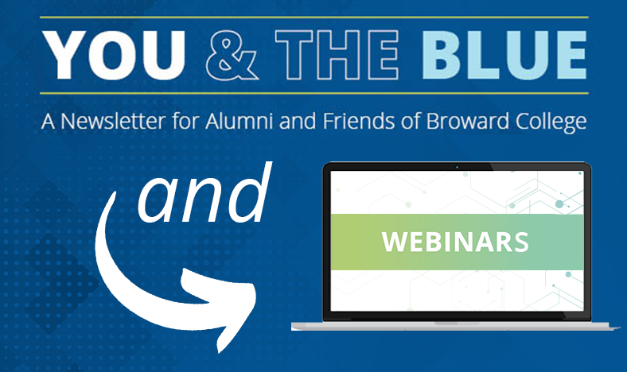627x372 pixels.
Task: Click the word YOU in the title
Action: pos(114,55)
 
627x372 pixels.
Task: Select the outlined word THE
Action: pos(337,55)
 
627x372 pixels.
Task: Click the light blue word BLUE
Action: pos(504,55)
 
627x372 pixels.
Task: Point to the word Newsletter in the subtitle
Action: pos(113,121)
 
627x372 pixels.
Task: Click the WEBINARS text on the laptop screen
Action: pos(455,242)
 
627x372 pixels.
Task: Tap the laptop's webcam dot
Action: pos(457,167)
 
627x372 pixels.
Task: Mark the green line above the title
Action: pos(314,17)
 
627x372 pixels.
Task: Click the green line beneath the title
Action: pos(314,94)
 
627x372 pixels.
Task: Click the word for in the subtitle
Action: pos(185,121)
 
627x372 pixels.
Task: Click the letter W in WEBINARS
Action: pos(395,242)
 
